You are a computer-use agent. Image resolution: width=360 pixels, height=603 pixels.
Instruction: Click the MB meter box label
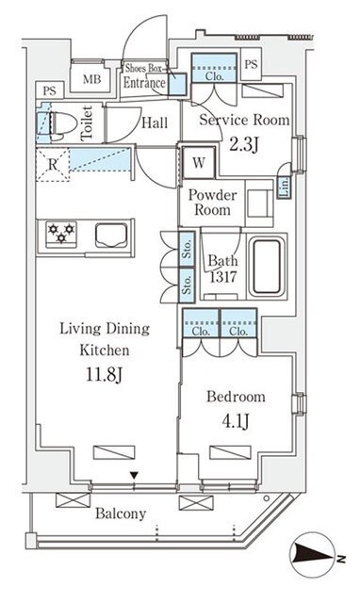point(92,79)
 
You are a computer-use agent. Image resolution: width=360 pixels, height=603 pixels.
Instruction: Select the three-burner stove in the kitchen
point(60,234)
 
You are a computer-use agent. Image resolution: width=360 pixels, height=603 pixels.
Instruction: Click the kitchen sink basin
point(111,235)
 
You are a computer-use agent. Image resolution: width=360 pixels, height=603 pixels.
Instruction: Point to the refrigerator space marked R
point(53,165)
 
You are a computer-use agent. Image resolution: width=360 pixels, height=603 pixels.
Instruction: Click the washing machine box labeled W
point(199,163)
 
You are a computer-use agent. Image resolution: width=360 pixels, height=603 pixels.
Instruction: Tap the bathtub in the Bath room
point(267,266)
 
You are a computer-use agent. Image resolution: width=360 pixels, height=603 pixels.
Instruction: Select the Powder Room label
point(212,203)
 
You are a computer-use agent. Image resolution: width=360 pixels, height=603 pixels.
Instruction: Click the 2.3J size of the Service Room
point(244,145)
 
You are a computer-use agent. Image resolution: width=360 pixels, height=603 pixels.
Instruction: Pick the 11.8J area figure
point(104,374)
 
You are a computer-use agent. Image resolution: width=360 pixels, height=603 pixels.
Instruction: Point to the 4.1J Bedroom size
point(236,420)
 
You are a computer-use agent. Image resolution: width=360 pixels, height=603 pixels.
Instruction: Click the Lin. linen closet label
point(285,187)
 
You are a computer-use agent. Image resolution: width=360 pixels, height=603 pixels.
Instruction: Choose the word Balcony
point(121,513)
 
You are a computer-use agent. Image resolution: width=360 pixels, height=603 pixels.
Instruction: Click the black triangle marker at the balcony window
point(134,476)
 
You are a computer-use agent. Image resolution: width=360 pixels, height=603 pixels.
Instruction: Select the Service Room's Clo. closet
point(214,68)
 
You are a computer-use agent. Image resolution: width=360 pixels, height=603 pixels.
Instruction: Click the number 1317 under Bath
point(222,276)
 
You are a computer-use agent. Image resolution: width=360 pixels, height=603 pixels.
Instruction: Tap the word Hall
point(155,123)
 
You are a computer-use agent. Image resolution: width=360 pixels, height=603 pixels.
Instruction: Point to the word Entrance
point(144,83)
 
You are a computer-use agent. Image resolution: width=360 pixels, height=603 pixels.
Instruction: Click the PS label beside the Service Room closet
point(251,64)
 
